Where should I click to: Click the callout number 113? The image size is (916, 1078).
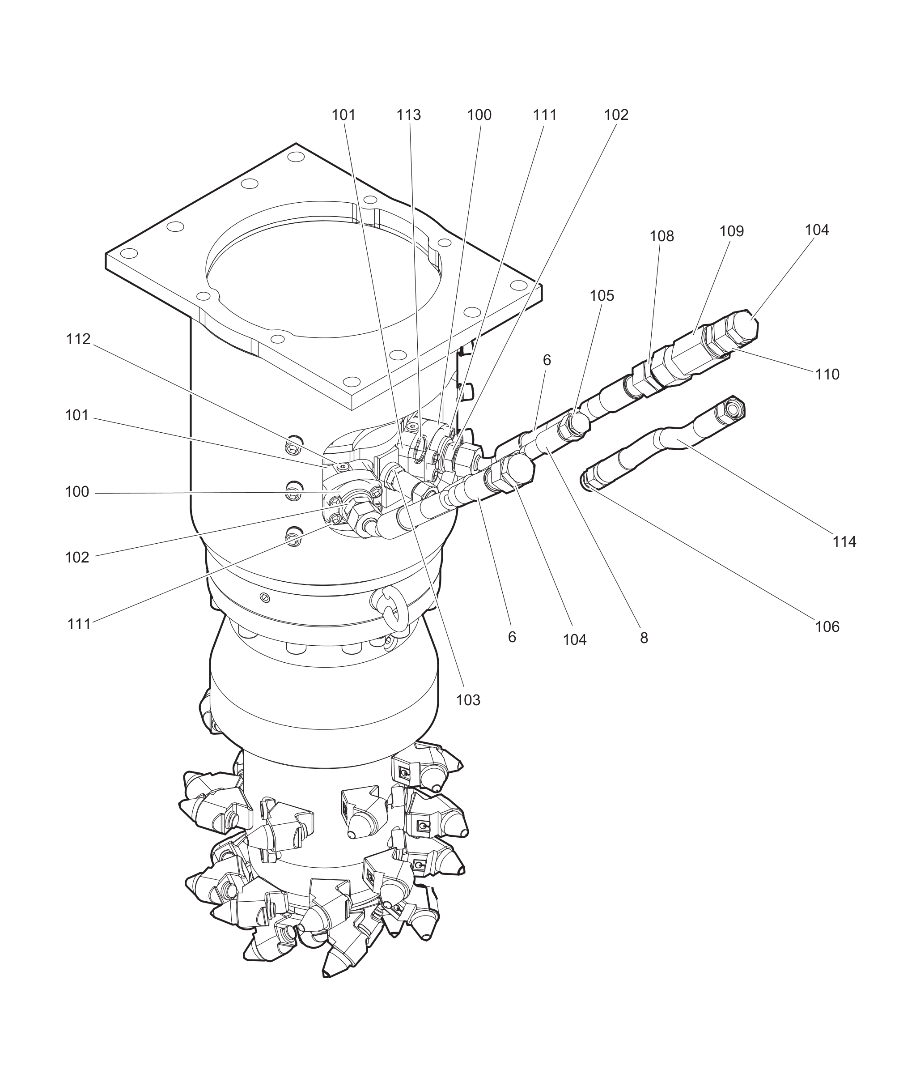click(409, 115)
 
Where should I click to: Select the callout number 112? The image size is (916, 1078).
click(78, 339)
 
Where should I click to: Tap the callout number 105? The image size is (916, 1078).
click(602, 296)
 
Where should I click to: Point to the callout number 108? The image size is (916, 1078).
click(662, 236)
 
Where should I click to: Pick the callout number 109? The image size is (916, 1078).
click(732, 231)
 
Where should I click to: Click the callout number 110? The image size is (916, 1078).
click(827, 374)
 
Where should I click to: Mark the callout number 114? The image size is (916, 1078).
click(844, 542)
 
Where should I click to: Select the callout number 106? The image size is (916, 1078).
click(827, 626)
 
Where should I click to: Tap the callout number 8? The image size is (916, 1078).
click(644, 639)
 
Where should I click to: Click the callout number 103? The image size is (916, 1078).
click(468, 700)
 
